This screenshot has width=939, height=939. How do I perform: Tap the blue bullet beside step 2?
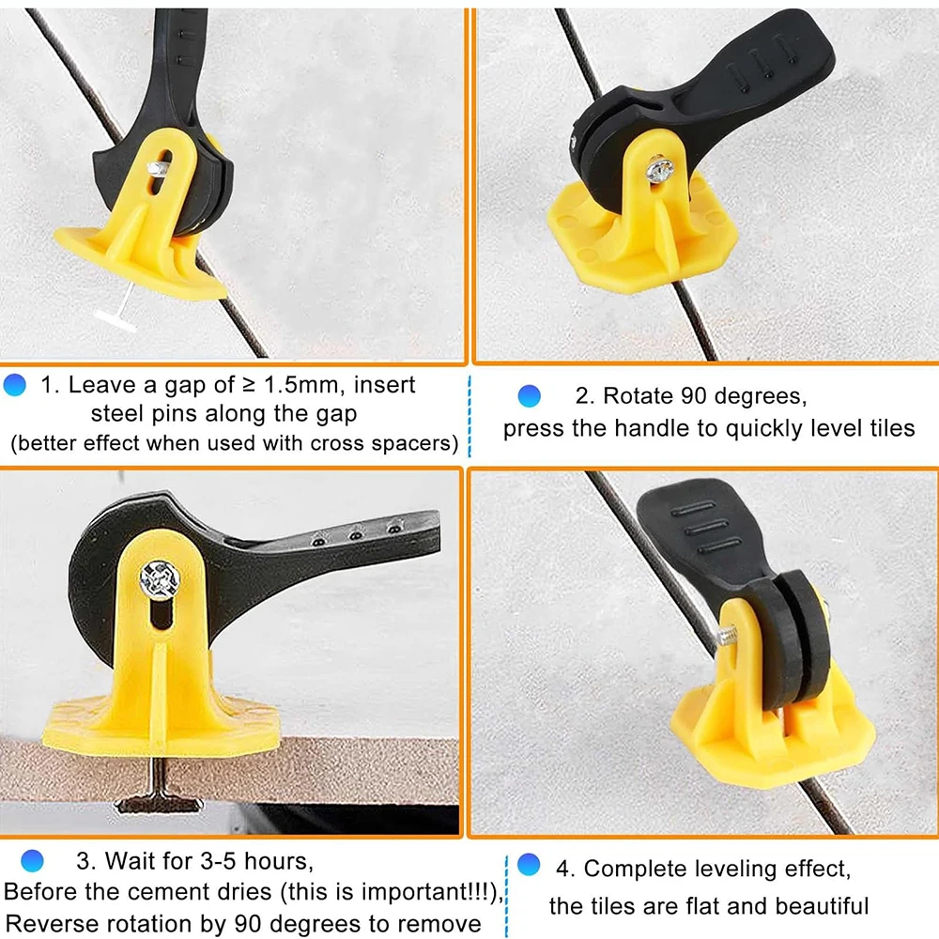pos(530,396)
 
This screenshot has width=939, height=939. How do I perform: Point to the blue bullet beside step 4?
pos(530,865)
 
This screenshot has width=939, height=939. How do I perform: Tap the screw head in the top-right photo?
pos(660,170)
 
